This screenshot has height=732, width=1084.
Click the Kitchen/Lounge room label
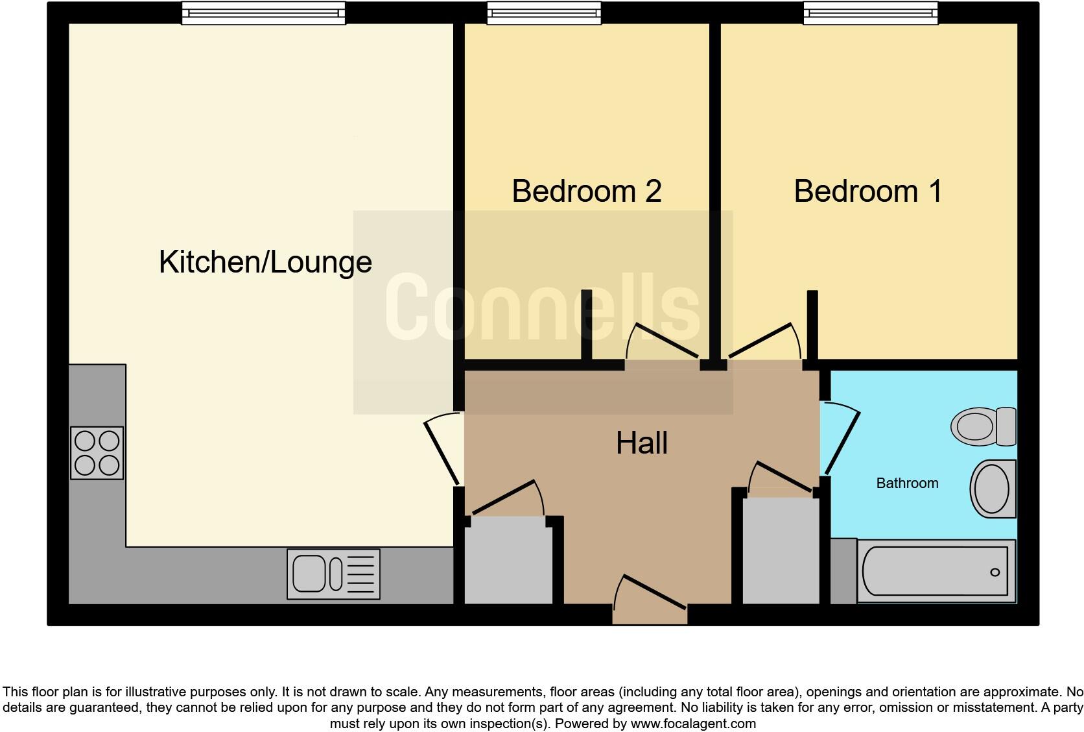(x=265, y=263)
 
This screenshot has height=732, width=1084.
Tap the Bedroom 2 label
(x=587, y=191)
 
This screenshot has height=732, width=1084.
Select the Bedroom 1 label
(x=868, y=191)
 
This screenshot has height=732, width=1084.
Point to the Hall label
(x=642, y=443)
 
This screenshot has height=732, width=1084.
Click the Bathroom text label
(x=908, y=483)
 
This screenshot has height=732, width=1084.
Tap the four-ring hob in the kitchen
(x=97, y=453)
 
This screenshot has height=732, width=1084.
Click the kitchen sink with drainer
(x=333, y=574)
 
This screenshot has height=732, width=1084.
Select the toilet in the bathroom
(x=984, y=426)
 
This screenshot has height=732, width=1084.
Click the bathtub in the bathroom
(x=936, y=571)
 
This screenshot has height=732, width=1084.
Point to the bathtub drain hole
(x=995, y=572)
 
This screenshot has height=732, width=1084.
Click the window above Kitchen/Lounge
(x=264, y=13)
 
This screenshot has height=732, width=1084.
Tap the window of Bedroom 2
(x=544, y=13)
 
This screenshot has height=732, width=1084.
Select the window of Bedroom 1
(x=871, y=13)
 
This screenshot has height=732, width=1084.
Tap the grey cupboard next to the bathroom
(x=781, y=551)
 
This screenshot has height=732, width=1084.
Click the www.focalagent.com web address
(x=693, y=724)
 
